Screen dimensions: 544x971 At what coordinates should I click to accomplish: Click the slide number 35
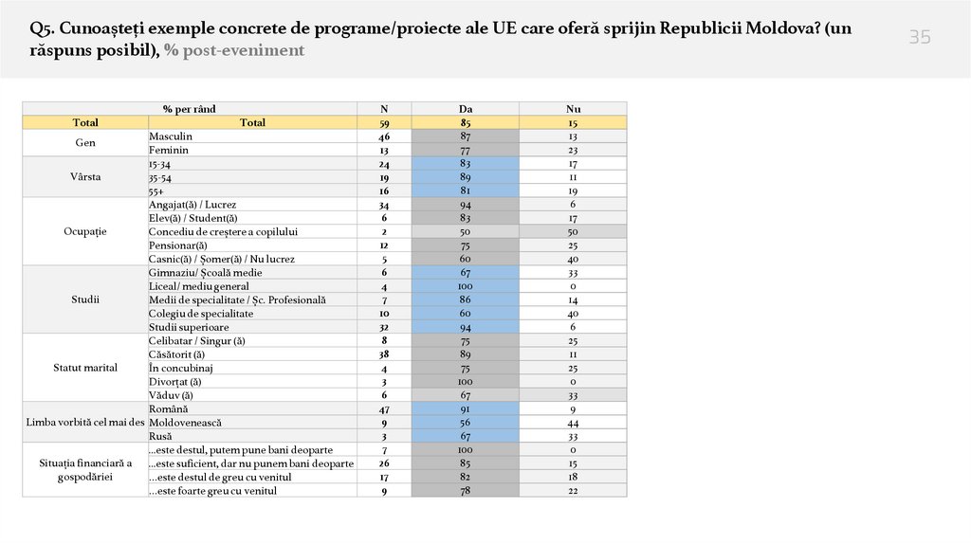pos(920,38)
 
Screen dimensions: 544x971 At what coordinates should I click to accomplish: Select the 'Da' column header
pos(466,109)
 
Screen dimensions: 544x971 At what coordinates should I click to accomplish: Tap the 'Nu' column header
pos(573,109)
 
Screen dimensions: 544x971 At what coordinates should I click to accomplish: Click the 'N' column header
pos(384,109)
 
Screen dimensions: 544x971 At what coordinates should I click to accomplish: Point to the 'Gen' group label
pos(85,143)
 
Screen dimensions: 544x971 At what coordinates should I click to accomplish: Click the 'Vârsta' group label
pos(85,177)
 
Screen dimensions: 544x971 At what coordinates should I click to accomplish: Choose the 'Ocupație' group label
pos(85,231)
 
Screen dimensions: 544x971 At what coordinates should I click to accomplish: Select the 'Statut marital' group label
pos(85,368)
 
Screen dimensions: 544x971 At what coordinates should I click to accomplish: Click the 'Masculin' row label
pos(171,136)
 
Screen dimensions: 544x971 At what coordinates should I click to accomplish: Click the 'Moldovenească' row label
pos(182,423)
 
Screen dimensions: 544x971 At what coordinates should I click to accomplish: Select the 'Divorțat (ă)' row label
pos(176,382)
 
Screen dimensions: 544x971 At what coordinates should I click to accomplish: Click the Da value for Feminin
pos(466,150)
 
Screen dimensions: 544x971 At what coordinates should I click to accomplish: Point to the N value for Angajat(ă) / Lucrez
pos(384,205)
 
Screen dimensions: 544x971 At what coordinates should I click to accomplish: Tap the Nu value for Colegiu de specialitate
pos(573,314)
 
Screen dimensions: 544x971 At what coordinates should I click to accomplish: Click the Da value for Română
pos(466,408)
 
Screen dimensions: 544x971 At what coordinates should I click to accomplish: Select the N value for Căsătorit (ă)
pos(384,354)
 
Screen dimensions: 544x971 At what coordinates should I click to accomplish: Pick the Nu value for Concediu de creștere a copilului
pos(573,231)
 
